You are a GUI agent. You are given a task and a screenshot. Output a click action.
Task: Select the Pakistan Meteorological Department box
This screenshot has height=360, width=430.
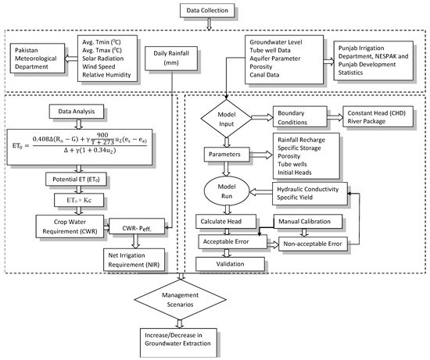(x=39, y=59)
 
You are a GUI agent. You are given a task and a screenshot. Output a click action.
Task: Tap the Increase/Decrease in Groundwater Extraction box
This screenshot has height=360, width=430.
(x=185, y=340)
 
